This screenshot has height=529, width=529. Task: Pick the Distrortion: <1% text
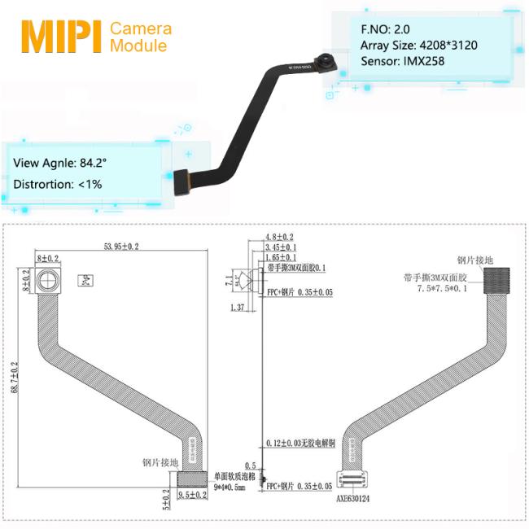tap(57, 184)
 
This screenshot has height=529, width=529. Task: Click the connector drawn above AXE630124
tap(355, 482)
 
